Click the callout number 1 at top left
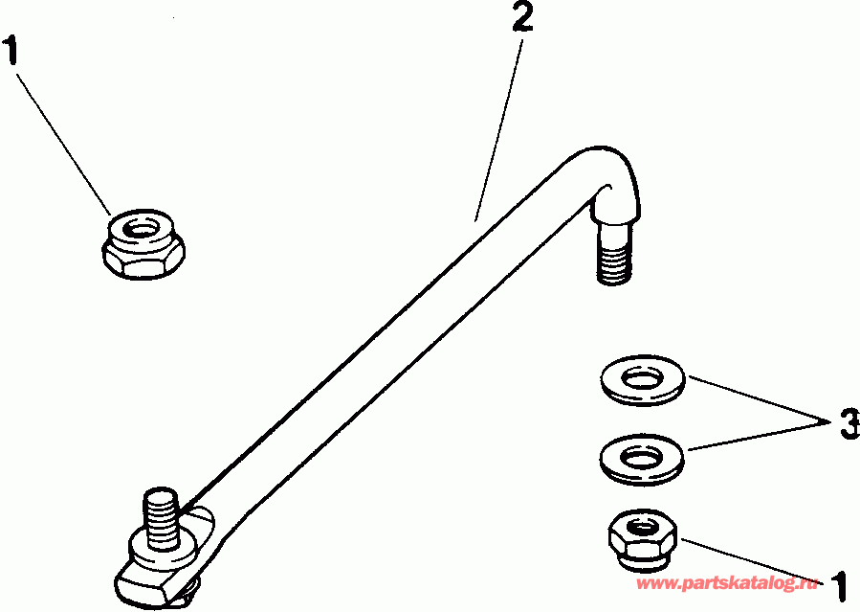12,50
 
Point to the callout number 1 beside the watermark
840,584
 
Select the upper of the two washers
642,380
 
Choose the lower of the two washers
643,457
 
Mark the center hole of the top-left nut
144,229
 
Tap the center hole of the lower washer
642,452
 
